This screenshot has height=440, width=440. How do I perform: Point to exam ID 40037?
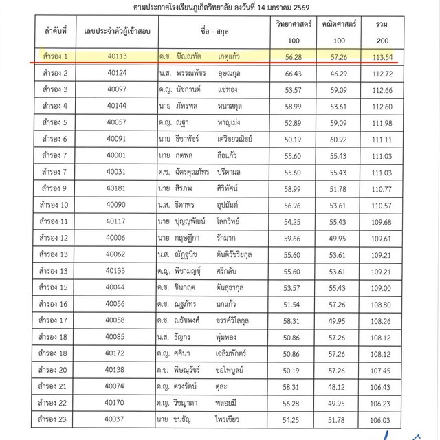click(x=115, y=417)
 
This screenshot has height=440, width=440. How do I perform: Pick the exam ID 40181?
click(x=115, y=188)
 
